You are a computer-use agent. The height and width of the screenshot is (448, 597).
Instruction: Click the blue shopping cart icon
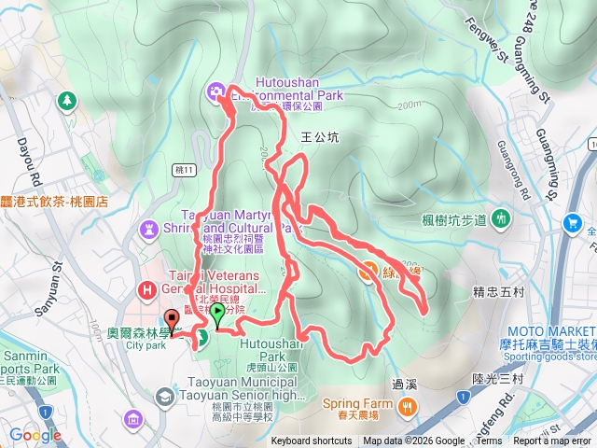pyautogui.click(x=572, y=222)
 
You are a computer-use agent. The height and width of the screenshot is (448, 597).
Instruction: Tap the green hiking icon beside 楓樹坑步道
pyautogui.click(x=502, y=219)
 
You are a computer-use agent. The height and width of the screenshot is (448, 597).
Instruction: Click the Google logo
pyautogui.click(x=35, y=435)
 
